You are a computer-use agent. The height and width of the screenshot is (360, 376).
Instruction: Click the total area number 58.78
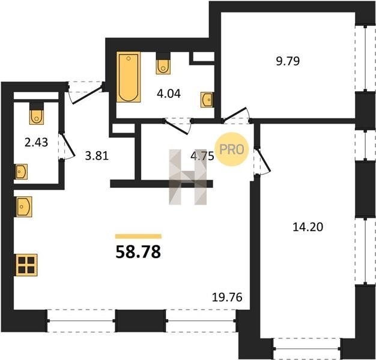pos(138,252)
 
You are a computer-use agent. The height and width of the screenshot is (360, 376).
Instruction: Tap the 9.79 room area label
pos(288,61)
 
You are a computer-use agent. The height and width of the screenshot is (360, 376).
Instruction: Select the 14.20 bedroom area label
pos(308,227)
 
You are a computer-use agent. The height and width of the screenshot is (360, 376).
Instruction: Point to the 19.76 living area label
pos(227,297)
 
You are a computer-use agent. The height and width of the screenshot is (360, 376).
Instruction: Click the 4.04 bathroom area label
pos(169,94)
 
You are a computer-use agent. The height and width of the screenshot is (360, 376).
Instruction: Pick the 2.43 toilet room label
pos(37,142)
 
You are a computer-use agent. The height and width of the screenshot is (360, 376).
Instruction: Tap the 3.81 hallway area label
pos(97,156)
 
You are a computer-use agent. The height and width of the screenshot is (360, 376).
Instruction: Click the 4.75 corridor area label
pos(202,156)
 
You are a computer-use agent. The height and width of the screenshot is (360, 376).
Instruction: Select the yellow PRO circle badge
pos(232,149)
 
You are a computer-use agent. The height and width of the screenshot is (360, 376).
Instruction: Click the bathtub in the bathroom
pos(129,77)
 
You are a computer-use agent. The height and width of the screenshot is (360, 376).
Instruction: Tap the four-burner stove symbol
pos(26,265)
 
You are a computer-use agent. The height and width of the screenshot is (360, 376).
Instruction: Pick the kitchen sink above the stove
pos(24,207)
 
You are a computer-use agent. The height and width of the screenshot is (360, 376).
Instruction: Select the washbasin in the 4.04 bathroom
pos(207,100)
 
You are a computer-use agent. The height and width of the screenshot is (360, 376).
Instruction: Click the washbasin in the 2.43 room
pos(22,172)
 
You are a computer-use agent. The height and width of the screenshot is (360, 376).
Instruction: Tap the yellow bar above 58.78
pos(138,236)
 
